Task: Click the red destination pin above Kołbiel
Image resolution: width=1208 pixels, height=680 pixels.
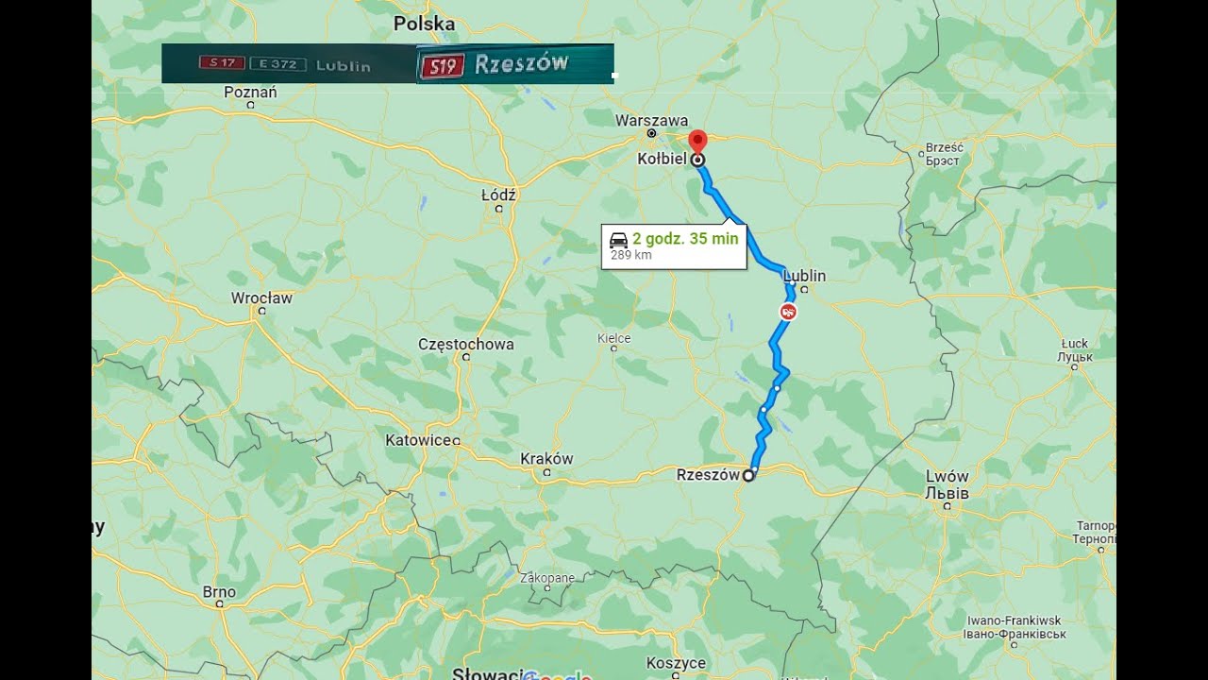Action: coord(697,141)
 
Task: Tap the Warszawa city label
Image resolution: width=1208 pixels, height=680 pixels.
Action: coord(651,121)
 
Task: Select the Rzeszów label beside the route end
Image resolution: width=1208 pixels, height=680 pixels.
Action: coord(708,475)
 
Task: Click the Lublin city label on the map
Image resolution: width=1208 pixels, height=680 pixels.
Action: coord(804,276)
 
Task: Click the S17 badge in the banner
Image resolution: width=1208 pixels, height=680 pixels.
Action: coord(221,64)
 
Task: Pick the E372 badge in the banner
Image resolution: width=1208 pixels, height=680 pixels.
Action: coord(277,64)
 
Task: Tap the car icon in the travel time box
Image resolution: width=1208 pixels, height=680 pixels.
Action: coord(619,239)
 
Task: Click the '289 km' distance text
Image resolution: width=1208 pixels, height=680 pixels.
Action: coord(630,255)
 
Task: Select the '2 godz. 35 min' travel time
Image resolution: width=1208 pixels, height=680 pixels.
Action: coord(685,239)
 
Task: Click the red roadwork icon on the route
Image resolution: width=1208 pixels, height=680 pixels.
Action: coord(788,311)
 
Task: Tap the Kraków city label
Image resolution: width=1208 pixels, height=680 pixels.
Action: coord(546,459)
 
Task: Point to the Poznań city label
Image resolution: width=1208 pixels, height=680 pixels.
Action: coord(250,93)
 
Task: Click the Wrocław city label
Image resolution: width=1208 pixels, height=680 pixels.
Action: coord(261,298)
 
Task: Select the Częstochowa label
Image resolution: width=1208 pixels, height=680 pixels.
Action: coord(466,345)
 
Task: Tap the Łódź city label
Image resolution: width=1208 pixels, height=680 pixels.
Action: coord(498,195)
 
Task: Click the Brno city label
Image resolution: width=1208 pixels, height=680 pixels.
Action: coord(219,592)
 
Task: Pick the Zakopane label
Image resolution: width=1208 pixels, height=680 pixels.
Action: coord(547,577)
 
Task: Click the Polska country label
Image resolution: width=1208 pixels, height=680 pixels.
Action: coord(424,24)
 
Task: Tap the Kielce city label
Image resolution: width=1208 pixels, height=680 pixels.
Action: coord(613,338)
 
